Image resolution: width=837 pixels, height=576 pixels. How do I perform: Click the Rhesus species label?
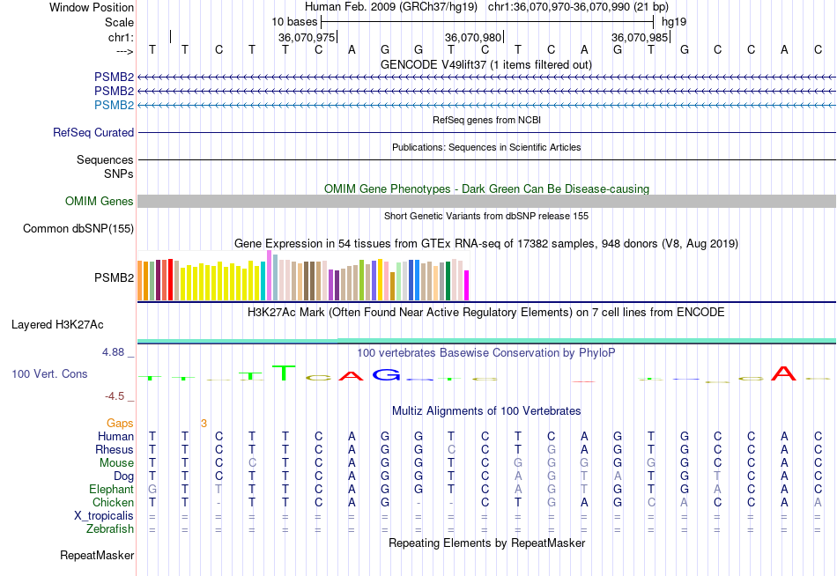pyautogui.click(x=115, y=450)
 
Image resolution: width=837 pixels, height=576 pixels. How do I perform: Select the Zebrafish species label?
pyautogui.click(x=110, y=529)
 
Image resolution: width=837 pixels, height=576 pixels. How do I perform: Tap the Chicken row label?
pyautogui.click(x=113, y=503)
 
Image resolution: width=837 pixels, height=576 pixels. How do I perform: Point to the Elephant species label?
pyautogui.click(x=111, y=490)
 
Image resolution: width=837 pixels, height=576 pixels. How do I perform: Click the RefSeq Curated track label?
pyautogui.click(x=93, y=133)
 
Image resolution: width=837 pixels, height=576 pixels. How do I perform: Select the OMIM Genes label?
pyautogui.click(x=100, y=202)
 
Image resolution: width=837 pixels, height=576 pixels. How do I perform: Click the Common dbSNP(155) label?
pyautogui.click(x=78, y=229)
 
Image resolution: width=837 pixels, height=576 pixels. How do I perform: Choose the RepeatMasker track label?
pyautogui.click(x=97, y=556)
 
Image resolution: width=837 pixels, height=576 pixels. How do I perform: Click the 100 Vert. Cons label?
pyautogui.click(x=49, y=374)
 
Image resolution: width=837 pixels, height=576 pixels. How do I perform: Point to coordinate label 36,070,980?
pyautogui.click(x=473, y=38)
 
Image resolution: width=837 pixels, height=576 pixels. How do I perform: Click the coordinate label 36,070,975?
pyautogui.click(x=306, y=38)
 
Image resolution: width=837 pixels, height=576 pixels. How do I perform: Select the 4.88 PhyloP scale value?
pyautogui.click(x=115, y=352)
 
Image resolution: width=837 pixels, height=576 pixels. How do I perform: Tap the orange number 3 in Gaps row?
pyautogui.click(x=204, y=424)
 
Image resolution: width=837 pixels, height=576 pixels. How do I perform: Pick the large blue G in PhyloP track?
pyautogui.click(x=386, y=374)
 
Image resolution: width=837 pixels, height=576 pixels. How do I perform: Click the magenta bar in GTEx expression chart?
pyautogui.click(x=467, y=285)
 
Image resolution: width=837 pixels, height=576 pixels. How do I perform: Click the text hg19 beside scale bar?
pyautogui.click(x=674, y=20)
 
